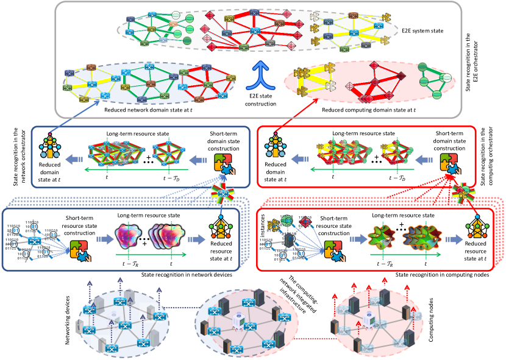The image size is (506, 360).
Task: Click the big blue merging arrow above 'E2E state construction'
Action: click(x=253, y=74)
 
